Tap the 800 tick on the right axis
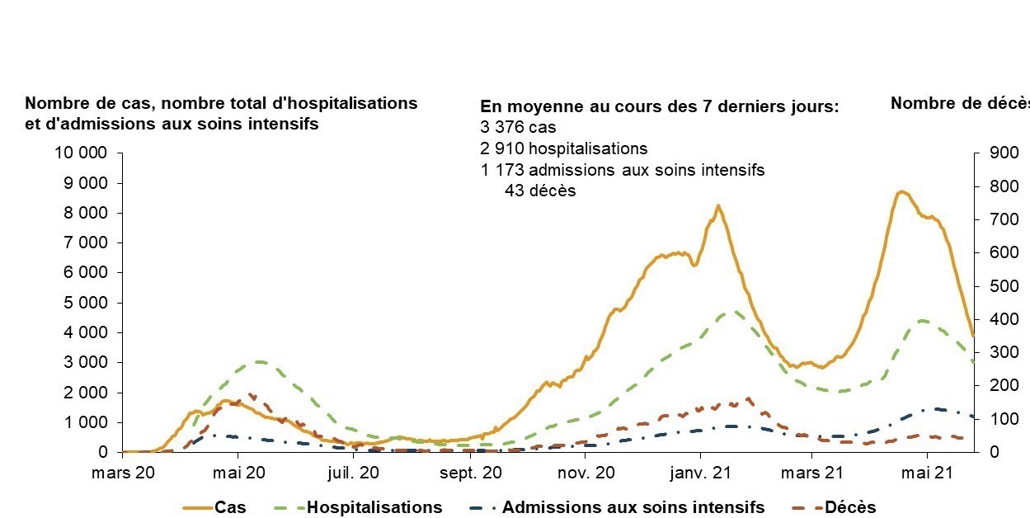(993, 186)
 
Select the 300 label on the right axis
(993, 352)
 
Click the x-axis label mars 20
(122, 473)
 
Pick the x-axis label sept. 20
(469, 473)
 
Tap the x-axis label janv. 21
(700, 473)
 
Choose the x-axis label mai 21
(927, 473)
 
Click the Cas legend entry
(230, 507)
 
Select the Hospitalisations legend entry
(374, 507)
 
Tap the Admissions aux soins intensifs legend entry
(633, 507)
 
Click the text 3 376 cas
(518, 128)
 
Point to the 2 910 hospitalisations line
(563, 149)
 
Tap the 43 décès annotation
(540, 191)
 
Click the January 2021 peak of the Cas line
(718, 205)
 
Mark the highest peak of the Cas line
(902, 191)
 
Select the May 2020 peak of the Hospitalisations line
(259, 361)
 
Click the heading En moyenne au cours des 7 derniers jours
(659, 107)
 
